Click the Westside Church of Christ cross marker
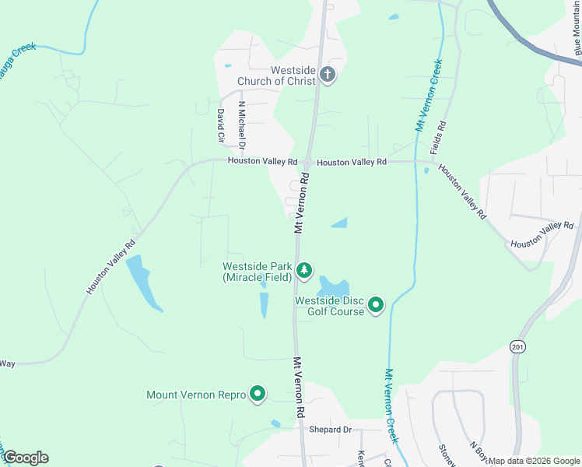328,75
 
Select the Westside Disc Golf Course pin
376,304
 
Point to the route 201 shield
517,346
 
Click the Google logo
26,458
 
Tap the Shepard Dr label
330,430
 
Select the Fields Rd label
441,135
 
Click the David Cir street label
221,125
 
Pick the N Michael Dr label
242,125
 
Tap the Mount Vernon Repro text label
196,395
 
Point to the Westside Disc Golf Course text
330,306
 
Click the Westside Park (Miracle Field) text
258,272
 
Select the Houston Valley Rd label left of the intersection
262,161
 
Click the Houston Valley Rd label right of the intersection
352,162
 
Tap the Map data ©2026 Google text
535,461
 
